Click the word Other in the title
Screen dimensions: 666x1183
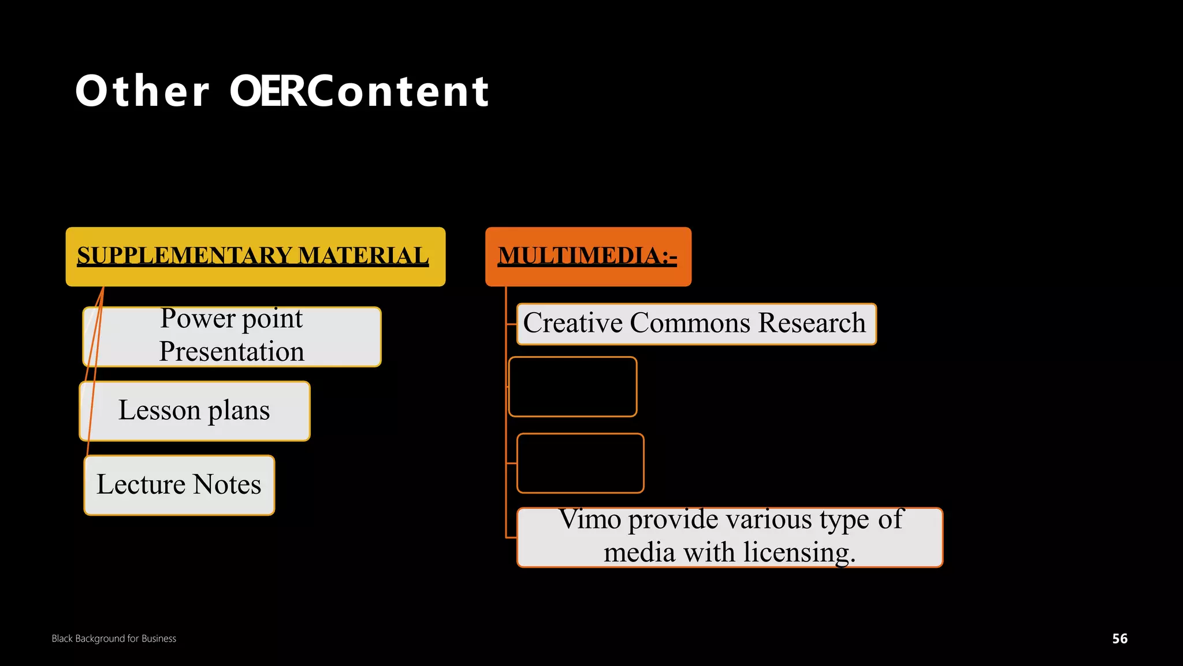pos(142,91)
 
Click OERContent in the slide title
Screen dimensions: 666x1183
pos(359,91)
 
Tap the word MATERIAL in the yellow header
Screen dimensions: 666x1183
pos(363,256)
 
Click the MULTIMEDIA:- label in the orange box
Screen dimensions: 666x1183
pos(587,256)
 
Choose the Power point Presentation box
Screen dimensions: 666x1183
pos(232,336)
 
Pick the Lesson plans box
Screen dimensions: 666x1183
pos(194,411)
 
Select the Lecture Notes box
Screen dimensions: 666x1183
pos(179,485)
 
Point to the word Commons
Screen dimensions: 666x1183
pos(690,323)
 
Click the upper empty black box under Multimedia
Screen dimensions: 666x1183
pos(572,387)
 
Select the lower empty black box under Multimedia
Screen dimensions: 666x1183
pos(580,463)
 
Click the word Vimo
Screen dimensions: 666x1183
pos(590,520)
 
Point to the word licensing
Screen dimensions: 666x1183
pos(798,553)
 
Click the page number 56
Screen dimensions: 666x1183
pos(1119,638)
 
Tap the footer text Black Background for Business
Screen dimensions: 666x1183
pos(114,638)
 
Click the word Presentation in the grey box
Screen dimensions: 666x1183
pos(232,351)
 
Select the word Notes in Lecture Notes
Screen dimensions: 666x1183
pos(227,485)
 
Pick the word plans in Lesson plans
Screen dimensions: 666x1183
pos(239,411)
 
